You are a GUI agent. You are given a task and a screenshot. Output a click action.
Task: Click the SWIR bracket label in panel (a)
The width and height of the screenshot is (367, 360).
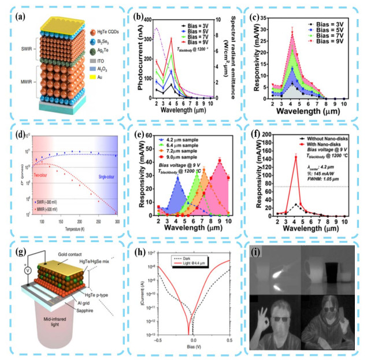20,53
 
